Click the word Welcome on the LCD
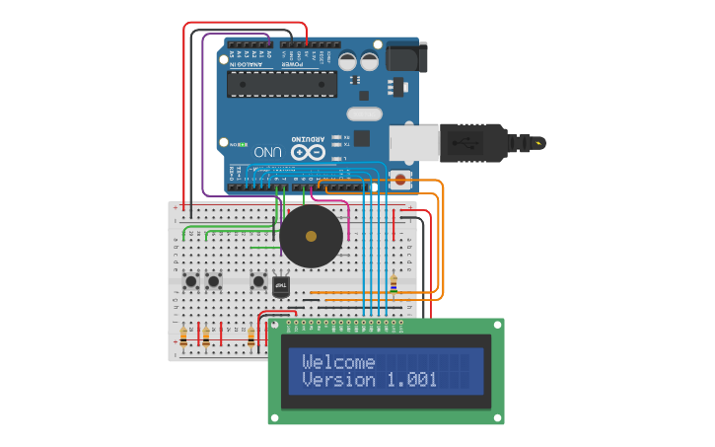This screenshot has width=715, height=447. click(x=338, y=361)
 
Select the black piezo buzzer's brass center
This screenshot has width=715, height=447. click(x=312, y=236)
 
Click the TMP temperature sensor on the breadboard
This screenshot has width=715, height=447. click(x=281, y=285)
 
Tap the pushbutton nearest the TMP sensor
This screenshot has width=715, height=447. click(x=258, y=281)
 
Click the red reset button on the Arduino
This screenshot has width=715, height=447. click(x=399, y=180)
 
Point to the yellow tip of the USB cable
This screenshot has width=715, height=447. click(x=538, y=143)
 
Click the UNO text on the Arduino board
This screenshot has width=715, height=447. click(x=268, y=153)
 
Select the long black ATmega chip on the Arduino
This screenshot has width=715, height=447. click(x=281, y=84)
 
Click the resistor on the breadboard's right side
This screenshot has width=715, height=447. click(x=393, y=283)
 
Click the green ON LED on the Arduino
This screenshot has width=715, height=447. click(x=235, y=144)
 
